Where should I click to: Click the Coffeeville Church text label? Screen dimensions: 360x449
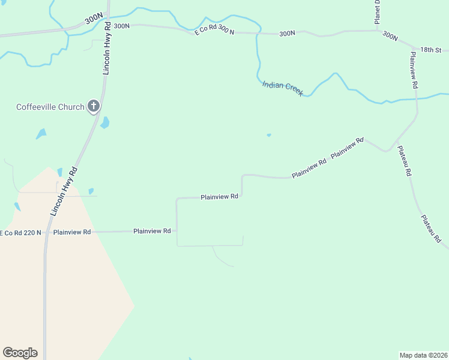point(50,107)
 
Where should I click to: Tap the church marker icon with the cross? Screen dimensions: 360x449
point(93,106)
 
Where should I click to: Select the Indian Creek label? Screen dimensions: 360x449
point(282,87)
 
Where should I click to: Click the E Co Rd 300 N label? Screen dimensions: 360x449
point(214,29)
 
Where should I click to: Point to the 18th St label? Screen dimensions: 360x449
point(430,50)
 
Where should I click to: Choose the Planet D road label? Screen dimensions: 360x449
point(378,11)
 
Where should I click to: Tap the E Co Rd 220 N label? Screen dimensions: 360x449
point(20,232)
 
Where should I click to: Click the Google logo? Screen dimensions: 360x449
point(20,353)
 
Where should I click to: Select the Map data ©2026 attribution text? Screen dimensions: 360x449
point(423,355)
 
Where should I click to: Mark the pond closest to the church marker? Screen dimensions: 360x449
point(105,123)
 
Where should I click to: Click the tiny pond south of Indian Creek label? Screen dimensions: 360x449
point(268,135)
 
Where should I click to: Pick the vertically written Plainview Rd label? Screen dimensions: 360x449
point(414,70)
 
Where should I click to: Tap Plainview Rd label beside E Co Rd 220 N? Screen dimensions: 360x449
point(71,232)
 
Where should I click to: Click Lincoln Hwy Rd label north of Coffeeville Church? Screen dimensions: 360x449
point(107,49)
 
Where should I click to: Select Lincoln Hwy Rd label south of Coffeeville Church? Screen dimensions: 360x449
point(64,191)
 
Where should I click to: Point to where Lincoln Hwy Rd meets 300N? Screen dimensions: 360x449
point(109,25)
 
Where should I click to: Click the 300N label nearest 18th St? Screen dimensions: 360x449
point(390,37)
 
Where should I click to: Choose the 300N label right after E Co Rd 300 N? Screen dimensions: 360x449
point(288,34)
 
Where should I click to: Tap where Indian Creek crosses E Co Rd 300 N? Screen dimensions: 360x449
point(258,32)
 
